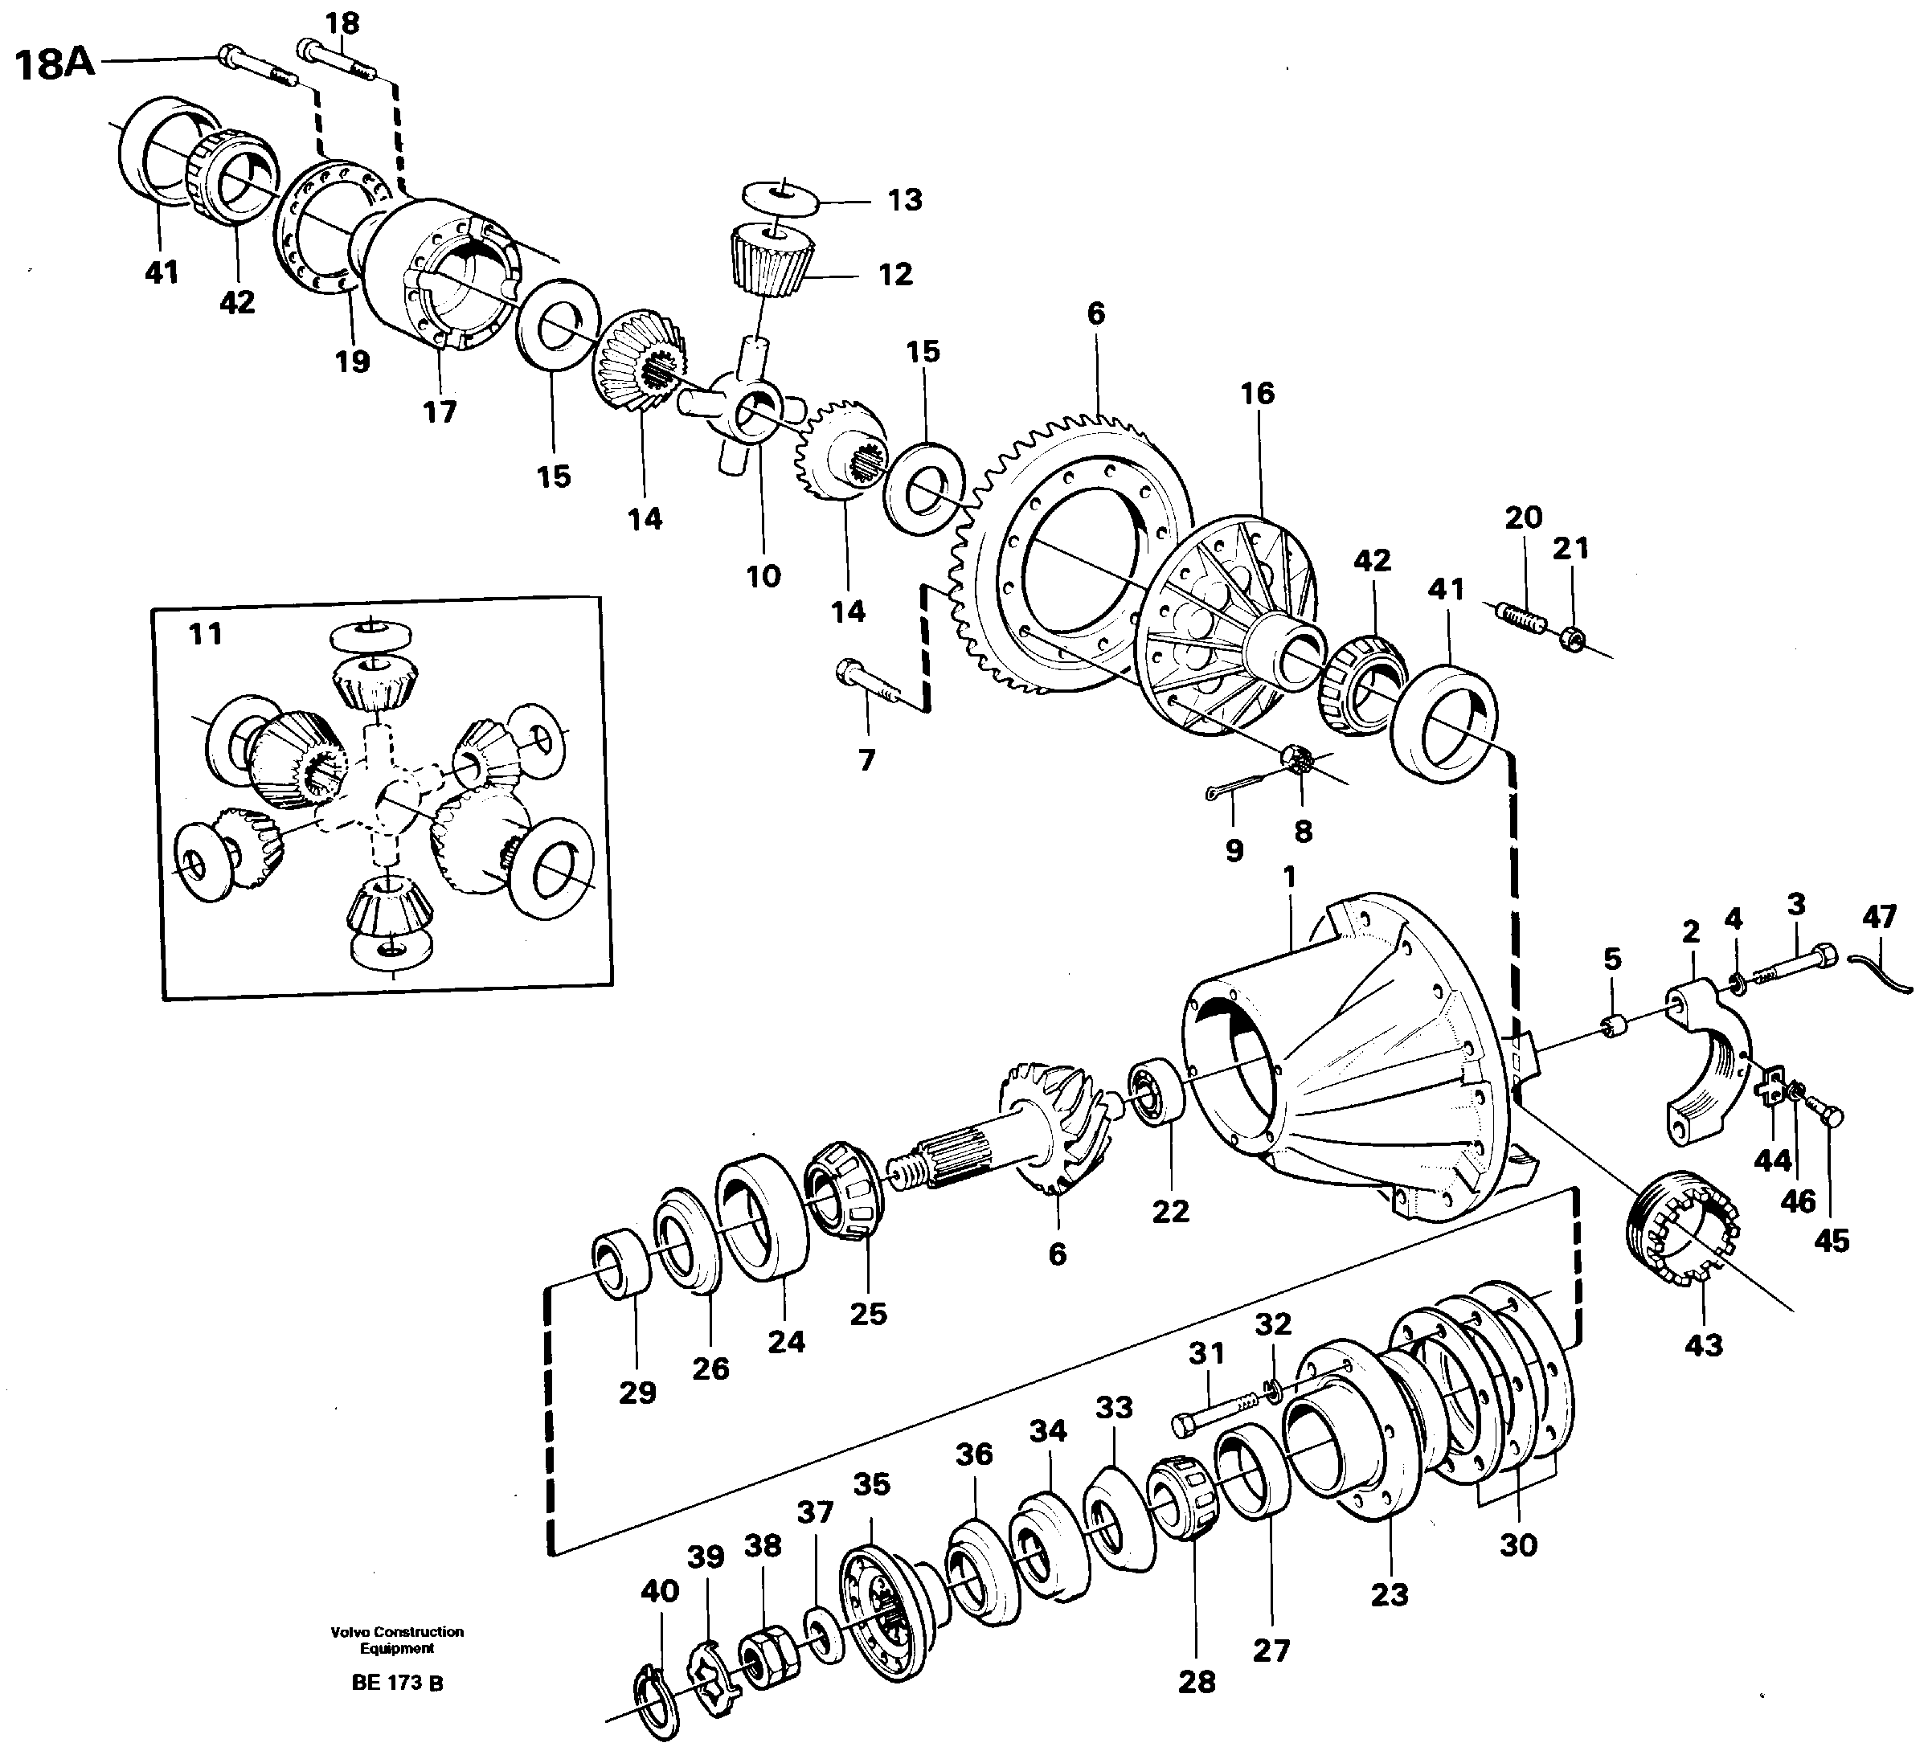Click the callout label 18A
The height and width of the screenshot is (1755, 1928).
point(55,64)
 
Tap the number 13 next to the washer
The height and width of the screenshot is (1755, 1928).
point(904,200)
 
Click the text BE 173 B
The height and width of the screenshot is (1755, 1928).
point(397,1683)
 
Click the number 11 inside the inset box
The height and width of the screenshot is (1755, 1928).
point(206,633)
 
